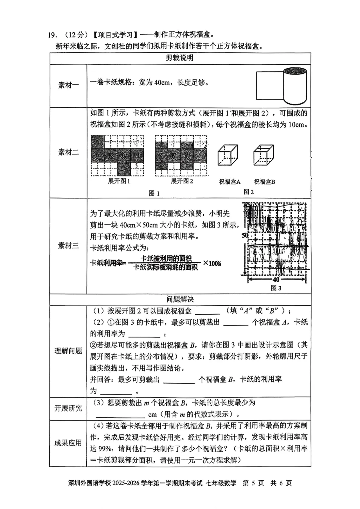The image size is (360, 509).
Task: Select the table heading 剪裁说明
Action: point(180,58)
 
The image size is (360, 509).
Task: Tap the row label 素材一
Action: point(68,85)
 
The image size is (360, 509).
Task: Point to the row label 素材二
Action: point(68,152)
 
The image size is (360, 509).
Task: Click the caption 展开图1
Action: point(119,181)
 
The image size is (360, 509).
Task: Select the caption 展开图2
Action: point(182,181)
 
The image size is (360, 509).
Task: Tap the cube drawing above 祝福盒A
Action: point(228,155)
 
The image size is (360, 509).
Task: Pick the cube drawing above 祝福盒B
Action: point(263,155)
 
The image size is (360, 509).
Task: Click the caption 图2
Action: point(249,192)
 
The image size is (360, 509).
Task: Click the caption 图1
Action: point(154,193)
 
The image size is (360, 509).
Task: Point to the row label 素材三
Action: point(68,246)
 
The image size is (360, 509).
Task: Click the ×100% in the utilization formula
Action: point(212,264)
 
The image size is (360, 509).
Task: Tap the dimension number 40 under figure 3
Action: point(276,280)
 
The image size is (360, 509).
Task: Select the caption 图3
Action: point(276,288)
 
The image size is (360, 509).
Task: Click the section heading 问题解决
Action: point(180,299)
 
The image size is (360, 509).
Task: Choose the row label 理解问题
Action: point(68,351)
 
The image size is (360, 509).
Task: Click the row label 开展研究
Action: point(68,408)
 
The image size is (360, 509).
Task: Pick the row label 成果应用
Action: point(68,443)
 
